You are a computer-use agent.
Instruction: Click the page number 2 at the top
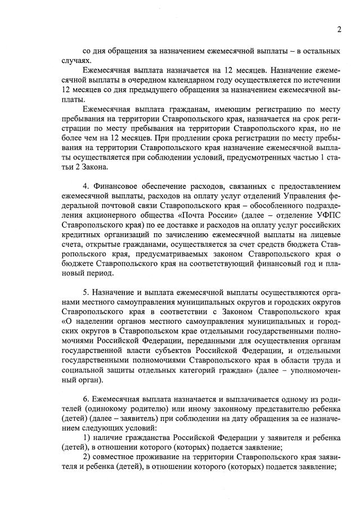click(339, 29)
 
